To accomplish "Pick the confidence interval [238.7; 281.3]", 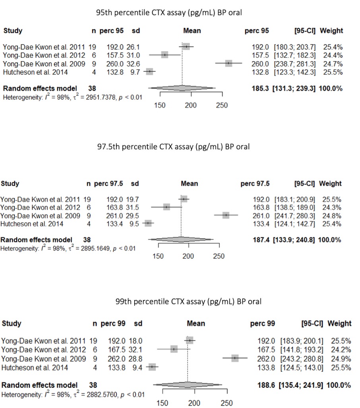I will point(297,64).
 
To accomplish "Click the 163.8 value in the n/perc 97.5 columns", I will point(113,207).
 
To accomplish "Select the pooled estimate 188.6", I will point(265,385).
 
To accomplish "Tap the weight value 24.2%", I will point(342,350).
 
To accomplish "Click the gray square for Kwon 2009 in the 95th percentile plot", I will point(228,64).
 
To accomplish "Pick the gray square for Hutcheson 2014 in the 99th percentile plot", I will point(152,367).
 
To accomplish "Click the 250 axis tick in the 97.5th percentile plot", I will point(219,256).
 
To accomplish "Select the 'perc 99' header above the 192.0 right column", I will point(262,323).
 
